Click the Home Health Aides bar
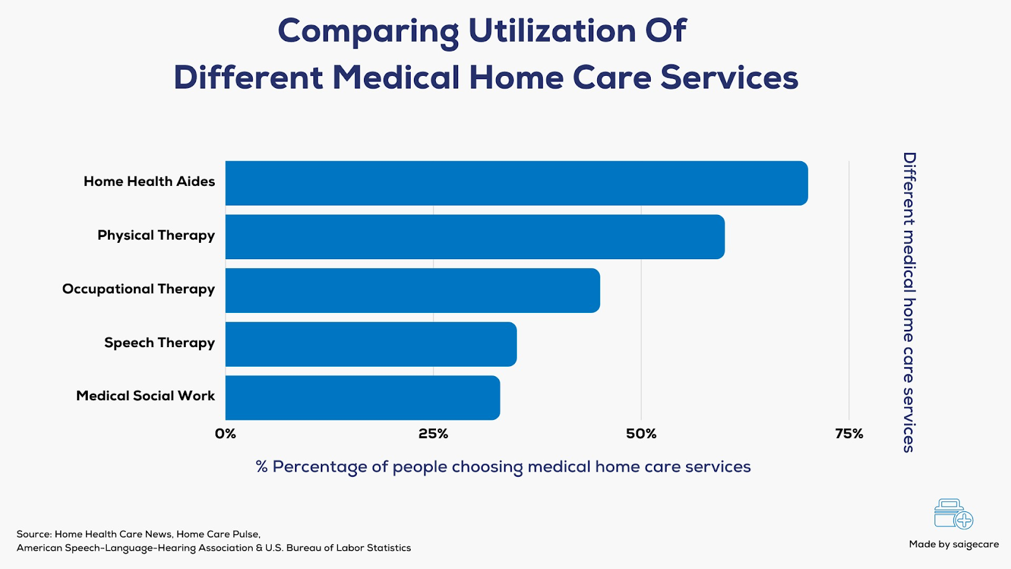click(x=516, y=183)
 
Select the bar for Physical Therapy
click(x=475, y=236)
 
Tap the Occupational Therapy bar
click(x=413, y=290)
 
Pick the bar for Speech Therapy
click(x=371, y=344)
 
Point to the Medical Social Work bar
click(x=363, y=398)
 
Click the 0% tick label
click(x=226, y=434)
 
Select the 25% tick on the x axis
click(x=433, y=434)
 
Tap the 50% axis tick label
click(x=641, y=434)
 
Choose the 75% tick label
click(x=849, y=434)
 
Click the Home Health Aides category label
click(x=149, y=181)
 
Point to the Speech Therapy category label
click(x=159, y=343)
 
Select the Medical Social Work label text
click(x=145, y=396)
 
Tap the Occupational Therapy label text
click(x=138, y=289)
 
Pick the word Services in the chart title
click(x=729, y=78)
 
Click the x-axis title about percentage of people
click(x=503, y=467)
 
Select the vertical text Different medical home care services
click(x=909, y=302)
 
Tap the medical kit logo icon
click(x=953, y=514)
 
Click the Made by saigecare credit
click(x=953, y=544)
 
